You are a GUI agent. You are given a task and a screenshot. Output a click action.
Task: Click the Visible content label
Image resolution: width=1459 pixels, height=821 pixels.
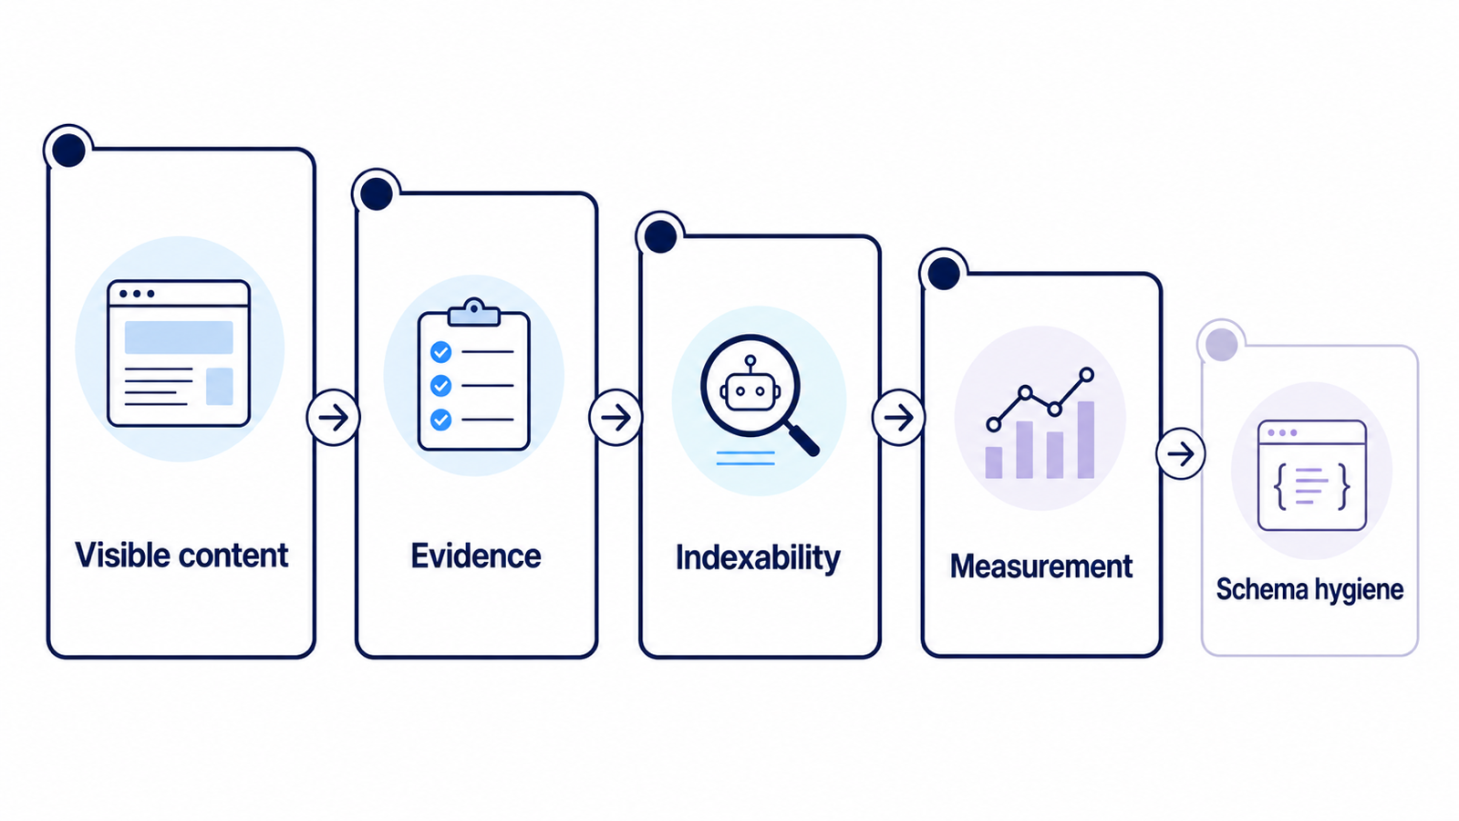(x=181, y=556)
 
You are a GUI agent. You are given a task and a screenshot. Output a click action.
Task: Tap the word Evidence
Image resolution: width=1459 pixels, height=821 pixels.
(x=475, y=556)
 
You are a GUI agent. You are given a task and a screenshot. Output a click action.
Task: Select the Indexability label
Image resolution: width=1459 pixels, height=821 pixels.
(x=758, y=558)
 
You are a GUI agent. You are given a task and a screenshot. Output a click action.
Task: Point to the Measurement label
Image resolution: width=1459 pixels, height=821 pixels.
(x=1040, y=566)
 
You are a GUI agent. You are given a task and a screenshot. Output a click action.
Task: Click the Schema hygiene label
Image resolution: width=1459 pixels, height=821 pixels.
(x=1309, y=589)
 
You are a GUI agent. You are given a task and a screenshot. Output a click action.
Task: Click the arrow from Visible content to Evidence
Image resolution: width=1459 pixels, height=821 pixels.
(x=334, y=418)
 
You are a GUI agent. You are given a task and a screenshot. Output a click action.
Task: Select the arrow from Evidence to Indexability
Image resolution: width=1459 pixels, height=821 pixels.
(x=616, y=418)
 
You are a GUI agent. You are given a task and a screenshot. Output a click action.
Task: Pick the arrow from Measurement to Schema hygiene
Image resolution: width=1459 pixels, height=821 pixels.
(x=1181, y=453)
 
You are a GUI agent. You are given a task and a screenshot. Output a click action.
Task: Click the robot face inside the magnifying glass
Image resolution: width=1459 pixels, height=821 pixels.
(x=750, y=389)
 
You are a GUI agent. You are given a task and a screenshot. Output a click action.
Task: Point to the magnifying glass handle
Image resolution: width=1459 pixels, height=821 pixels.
(x=803, y=439)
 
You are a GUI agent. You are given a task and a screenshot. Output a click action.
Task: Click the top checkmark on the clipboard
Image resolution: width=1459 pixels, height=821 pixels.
(x=441, y=352)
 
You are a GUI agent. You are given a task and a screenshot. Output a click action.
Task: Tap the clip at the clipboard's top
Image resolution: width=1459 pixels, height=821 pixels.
(x=474, y=313)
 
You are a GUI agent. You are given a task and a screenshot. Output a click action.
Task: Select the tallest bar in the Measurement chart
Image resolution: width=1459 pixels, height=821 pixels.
(x=1086, y=440)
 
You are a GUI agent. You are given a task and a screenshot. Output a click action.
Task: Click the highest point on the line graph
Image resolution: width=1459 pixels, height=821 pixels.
(x=1086, y=375)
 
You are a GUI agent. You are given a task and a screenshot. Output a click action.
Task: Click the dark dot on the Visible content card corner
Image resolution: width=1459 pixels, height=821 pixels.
(x=68, y=151)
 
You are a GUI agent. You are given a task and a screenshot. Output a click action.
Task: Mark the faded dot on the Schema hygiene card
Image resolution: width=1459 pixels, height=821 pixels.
(x=1221, y=344)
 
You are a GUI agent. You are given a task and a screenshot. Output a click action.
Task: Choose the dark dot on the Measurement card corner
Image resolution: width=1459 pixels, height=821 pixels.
(x=944, y=273)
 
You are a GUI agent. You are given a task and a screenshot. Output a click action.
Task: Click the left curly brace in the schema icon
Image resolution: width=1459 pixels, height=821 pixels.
(x=1280, y=486)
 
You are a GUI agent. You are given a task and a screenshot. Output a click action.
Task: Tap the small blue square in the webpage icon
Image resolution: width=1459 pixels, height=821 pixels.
(x=220, y=387)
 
